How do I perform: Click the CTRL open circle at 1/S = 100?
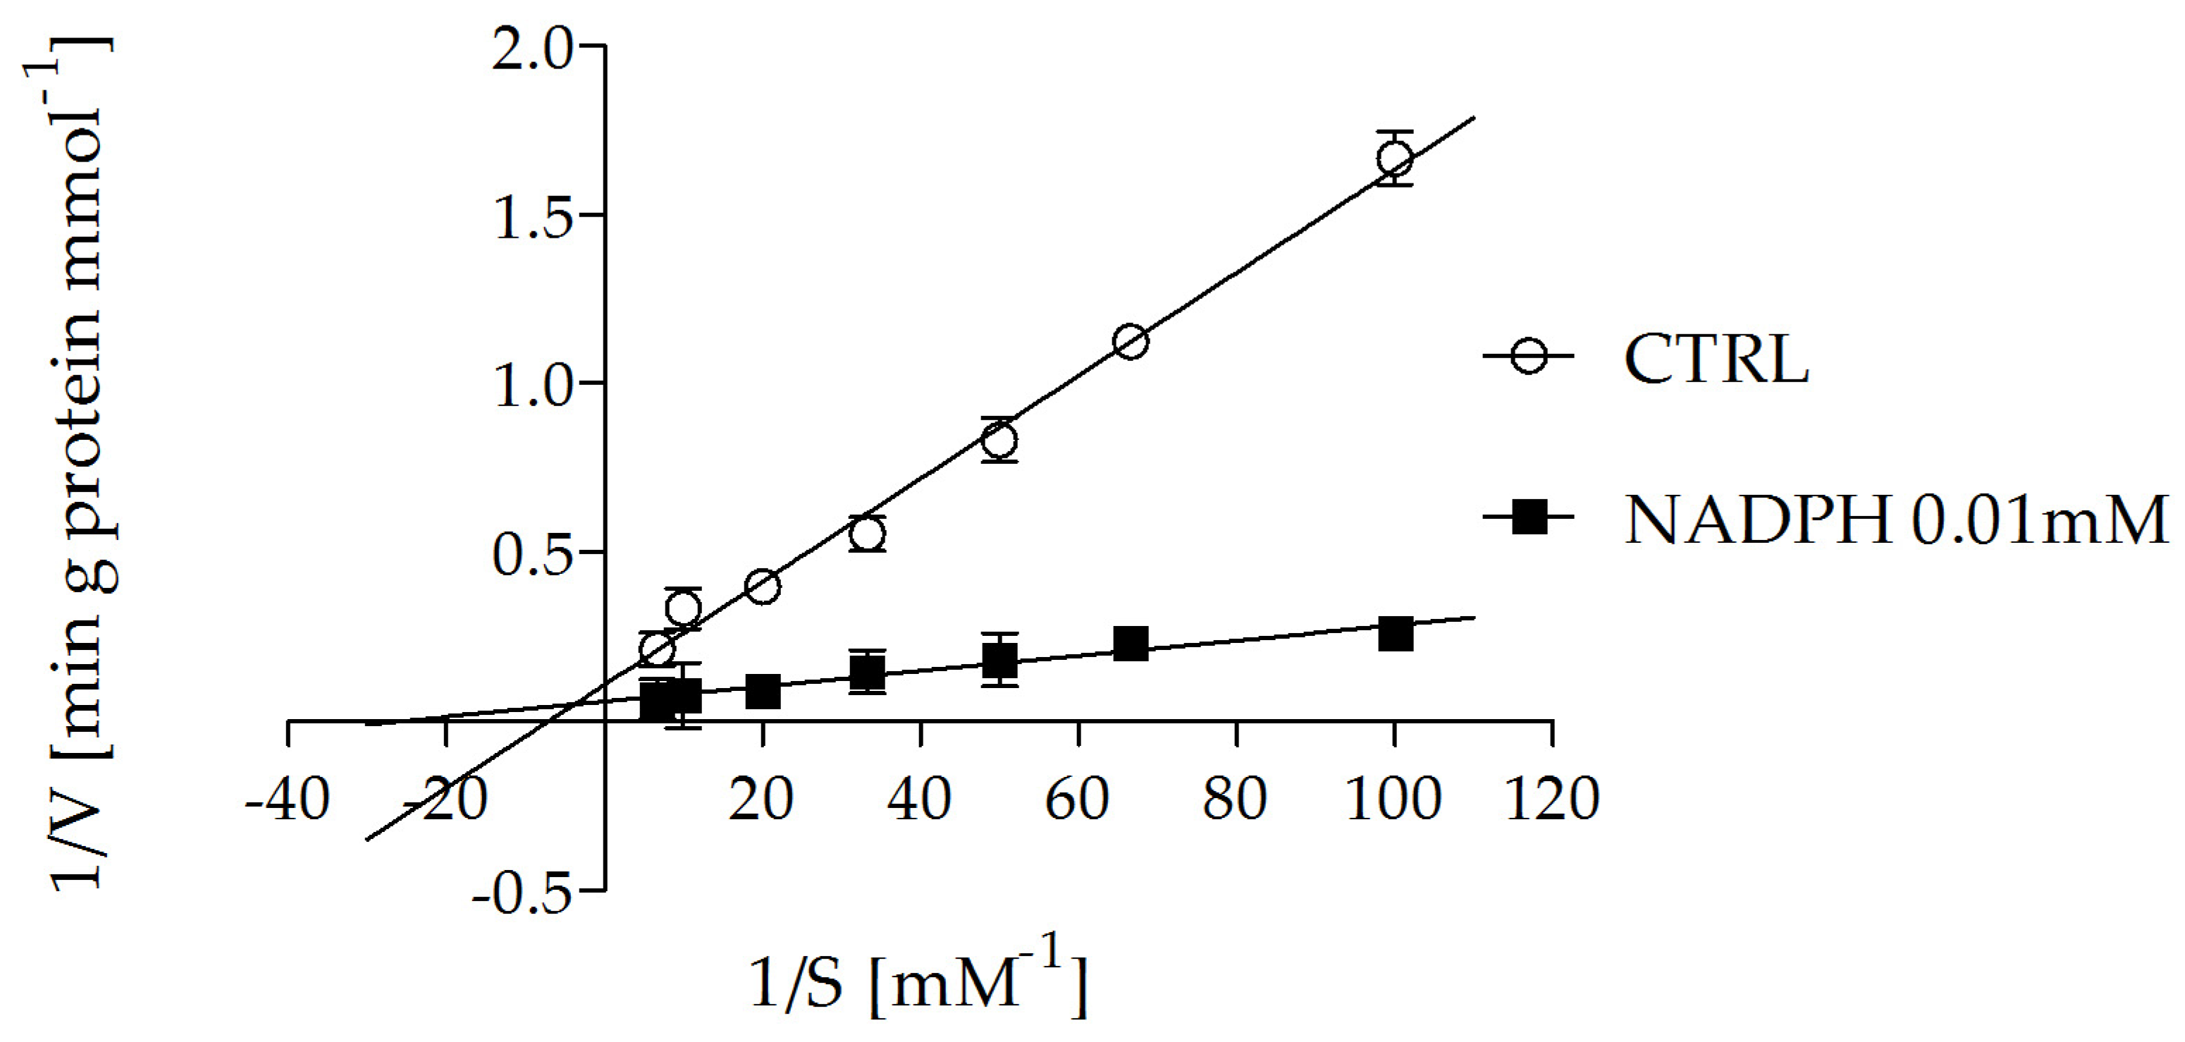click(1394, 159)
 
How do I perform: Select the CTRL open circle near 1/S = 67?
click(1131, 342)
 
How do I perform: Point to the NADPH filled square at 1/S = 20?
click(763, 692)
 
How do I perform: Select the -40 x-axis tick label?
click(287, 799)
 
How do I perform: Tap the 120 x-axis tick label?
click(1551, 799)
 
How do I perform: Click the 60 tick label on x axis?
click(1077, 799)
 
